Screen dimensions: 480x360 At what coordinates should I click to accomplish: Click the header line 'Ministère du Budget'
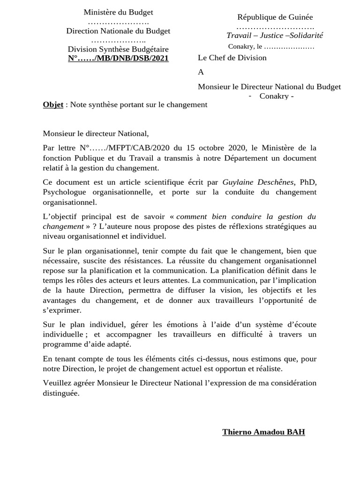coord(118,12)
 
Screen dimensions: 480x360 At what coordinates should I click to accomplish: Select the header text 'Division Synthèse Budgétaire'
coord(118,49)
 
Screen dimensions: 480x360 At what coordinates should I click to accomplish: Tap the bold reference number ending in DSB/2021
coord(118,58)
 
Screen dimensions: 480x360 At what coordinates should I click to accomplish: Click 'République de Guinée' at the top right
coord(275,17)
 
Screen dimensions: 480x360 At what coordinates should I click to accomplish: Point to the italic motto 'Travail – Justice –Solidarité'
coord(275,36)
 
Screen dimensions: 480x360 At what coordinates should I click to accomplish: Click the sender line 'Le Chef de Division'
coord(232,58)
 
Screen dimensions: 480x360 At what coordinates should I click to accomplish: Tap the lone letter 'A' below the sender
coord(201,72)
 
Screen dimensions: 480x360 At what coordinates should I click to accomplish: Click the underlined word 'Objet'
coord(53,105)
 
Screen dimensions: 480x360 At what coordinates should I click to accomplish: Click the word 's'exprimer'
coord(62,310)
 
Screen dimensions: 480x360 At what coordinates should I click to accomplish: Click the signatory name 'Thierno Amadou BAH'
coord(263,432)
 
